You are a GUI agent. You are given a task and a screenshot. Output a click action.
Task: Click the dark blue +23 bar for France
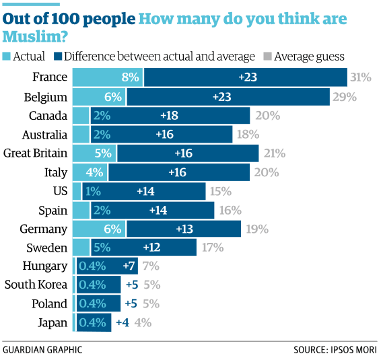pos(245,77)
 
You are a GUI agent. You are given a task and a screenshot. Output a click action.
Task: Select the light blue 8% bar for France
pos(107,77)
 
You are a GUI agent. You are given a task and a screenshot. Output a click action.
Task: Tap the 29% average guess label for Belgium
pos(343,96)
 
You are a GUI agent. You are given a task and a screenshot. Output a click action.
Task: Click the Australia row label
pos(44,134)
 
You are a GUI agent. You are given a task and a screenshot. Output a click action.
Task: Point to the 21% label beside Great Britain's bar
pos(273,153)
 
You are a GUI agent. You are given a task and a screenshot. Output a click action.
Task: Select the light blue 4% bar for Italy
pos(90,172)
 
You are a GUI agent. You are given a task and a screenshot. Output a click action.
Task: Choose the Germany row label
pos(44,228)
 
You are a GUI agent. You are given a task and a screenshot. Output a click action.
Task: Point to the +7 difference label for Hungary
pos(129,266)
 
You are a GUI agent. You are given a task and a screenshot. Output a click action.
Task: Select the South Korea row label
pos(36,285)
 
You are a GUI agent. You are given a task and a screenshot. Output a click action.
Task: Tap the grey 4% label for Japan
pos(142,322)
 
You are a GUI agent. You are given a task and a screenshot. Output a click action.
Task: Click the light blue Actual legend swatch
pos(7,57)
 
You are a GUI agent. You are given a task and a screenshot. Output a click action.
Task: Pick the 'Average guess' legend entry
pos(309,57)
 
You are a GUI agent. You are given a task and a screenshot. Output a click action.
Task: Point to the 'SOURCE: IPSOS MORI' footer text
pos(335,350)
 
